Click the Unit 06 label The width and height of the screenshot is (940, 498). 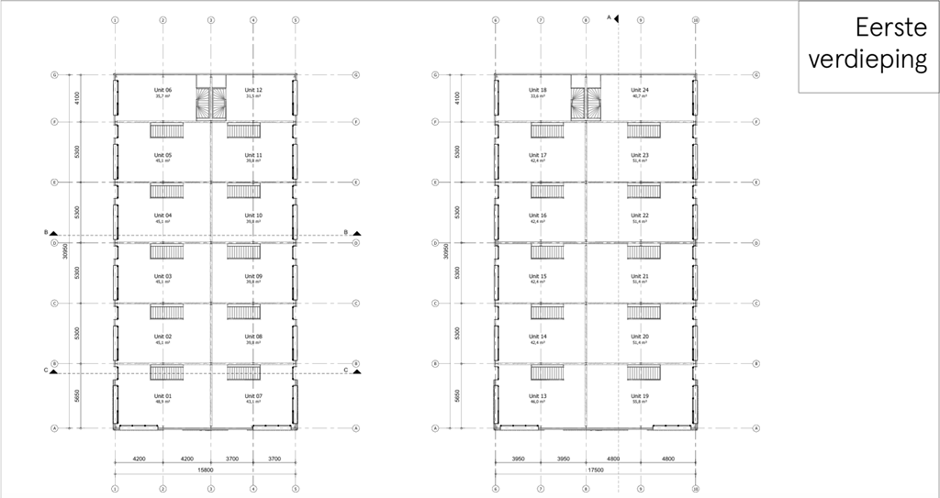[162, 90]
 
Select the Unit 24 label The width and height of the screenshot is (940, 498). [640, 90]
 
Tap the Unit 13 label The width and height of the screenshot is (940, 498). [538, 396]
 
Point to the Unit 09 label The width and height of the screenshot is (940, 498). [253, 276]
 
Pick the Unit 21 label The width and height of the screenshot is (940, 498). [640, 276]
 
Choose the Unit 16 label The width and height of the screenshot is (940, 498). [538, 216]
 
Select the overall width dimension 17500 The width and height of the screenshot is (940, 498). [595, 470]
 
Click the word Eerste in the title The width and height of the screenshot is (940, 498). [887, 27]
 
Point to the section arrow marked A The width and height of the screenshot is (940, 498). [617, 17]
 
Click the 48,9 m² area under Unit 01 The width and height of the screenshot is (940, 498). [162, 403]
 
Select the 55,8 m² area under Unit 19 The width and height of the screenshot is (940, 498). [640, 403]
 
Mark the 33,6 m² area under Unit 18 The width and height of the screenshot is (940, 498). [538, 96]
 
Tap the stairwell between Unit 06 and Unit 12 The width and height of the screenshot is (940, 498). [211, 103]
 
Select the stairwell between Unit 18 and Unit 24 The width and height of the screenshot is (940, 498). [586, 103]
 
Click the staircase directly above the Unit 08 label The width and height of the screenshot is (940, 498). [244, 313]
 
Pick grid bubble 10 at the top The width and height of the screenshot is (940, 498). [696, 19]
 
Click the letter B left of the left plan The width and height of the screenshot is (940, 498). [46, 232]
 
